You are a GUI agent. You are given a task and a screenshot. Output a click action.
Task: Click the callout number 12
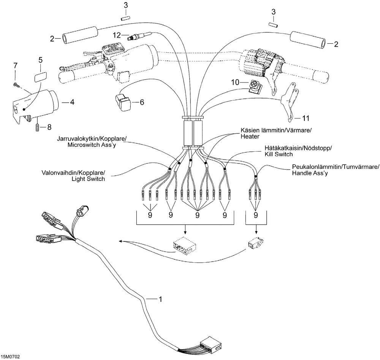coord(117,35)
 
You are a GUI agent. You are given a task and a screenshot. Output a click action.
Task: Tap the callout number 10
coord(235,82)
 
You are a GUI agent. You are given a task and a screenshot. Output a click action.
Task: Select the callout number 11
coord(306,118)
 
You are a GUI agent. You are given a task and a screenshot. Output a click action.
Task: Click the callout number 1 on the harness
coord(160,299)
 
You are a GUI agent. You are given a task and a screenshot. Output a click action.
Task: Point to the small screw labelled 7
coord(15,84)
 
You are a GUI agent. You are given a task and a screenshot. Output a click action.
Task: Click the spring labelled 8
coord(37,127)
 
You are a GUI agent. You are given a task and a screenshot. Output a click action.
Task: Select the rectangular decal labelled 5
coord(40,77)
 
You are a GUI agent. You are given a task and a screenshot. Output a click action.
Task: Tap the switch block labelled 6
coord(123,103)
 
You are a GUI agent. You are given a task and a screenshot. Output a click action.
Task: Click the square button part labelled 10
coord(255,87)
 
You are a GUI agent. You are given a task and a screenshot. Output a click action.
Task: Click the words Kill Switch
coord(279,154)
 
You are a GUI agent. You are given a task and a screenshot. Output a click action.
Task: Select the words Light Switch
coord(88,179)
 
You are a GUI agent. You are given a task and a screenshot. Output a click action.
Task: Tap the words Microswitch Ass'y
coord(92,145)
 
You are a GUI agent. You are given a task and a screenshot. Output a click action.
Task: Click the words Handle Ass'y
coord(310,173)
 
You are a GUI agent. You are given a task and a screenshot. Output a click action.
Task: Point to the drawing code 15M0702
coord(10,357)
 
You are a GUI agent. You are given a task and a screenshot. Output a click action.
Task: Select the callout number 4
coord(72,102)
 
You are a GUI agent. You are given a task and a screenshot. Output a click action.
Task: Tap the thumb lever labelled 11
coord(290,101)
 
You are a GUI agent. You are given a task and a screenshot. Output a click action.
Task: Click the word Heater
coord(250,136)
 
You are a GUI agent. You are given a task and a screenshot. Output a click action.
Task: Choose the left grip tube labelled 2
coord(81,35)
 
